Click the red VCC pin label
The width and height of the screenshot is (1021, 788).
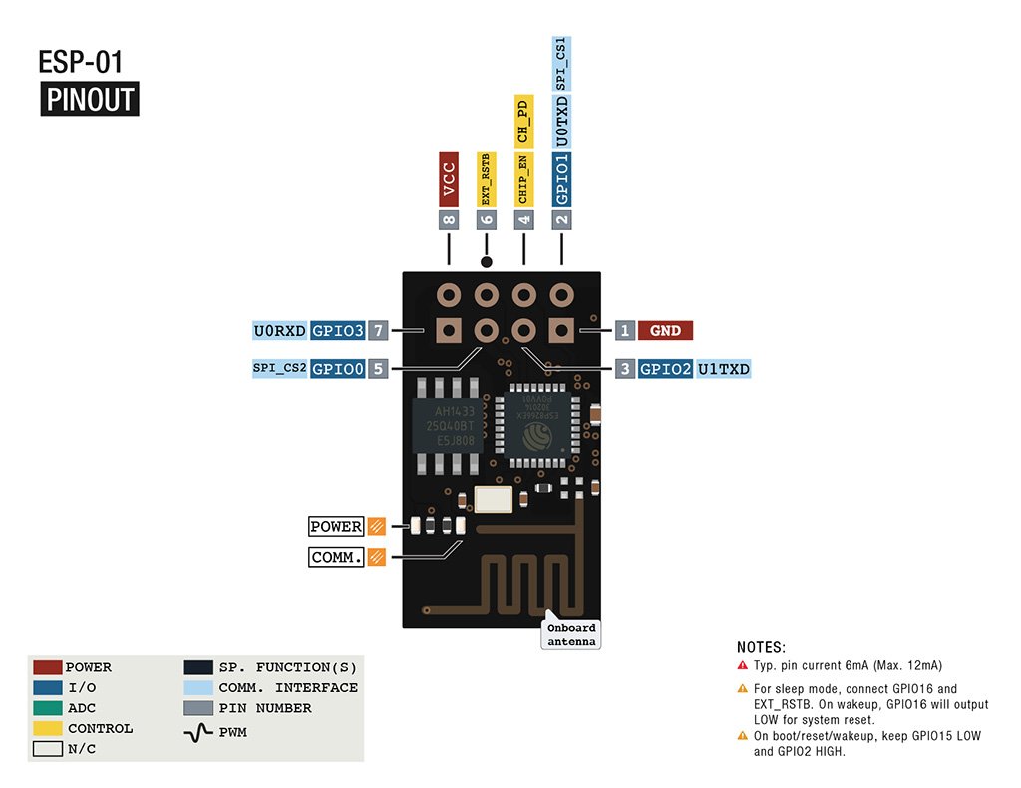449,180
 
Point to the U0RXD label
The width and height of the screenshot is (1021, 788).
280,330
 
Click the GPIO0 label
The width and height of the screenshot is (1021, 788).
337,369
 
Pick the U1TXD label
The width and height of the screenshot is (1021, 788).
723,369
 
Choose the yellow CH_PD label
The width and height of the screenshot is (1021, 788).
523,121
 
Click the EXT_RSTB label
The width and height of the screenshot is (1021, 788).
487,180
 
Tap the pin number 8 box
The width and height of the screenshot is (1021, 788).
449,221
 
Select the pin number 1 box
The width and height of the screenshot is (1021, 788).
625,331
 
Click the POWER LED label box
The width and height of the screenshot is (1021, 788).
336,527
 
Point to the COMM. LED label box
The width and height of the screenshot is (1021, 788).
336,558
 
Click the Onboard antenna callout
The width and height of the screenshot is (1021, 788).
572,635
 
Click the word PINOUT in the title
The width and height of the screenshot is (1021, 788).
90,100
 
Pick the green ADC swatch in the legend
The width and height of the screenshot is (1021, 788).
47,708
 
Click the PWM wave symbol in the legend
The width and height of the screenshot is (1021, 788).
199,732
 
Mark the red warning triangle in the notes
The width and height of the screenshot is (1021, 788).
742,665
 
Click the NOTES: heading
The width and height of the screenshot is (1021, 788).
761,647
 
